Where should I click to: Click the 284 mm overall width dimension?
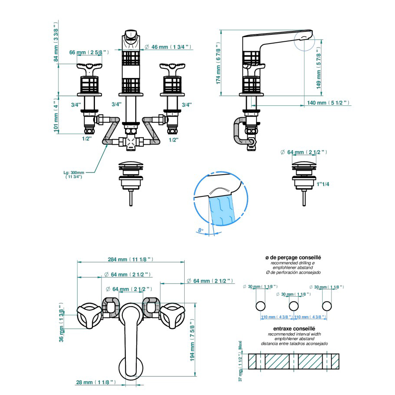131,259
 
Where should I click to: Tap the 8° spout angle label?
200,230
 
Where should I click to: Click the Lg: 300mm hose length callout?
74,175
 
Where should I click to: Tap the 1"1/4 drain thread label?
323,184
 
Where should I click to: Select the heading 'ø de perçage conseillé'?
293,257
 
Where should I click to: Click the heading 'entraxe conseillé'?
294,328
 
